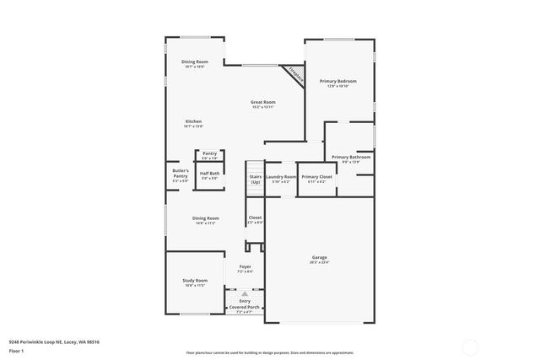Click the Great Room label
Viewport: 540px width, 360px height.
(263, 102)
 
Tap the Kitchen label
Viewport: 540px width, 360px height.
(193, 121)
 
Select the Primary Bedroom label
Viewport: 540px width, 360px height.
(337, 81)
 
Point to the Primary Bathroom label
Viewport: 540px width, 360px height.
(350, 157)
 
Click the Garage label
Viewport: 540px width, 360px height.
(319, 257)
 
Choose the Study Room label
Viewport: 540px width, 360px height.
(195, 281)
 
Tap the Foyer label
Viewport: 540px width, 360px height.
(245, 267)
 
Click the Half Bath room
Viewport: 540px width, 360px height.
(208, 175)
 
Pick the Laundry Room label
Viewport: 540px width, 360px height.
(280, 176)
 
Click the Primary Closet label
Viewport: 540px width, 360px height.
(317, 176)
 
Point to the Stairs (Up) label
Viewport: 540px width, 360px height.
(255, 179)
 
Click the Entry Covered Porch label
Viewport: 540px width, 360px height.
(245, 304)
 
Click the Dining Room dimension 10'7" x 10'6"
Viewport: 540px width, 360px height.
(195, 67)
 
